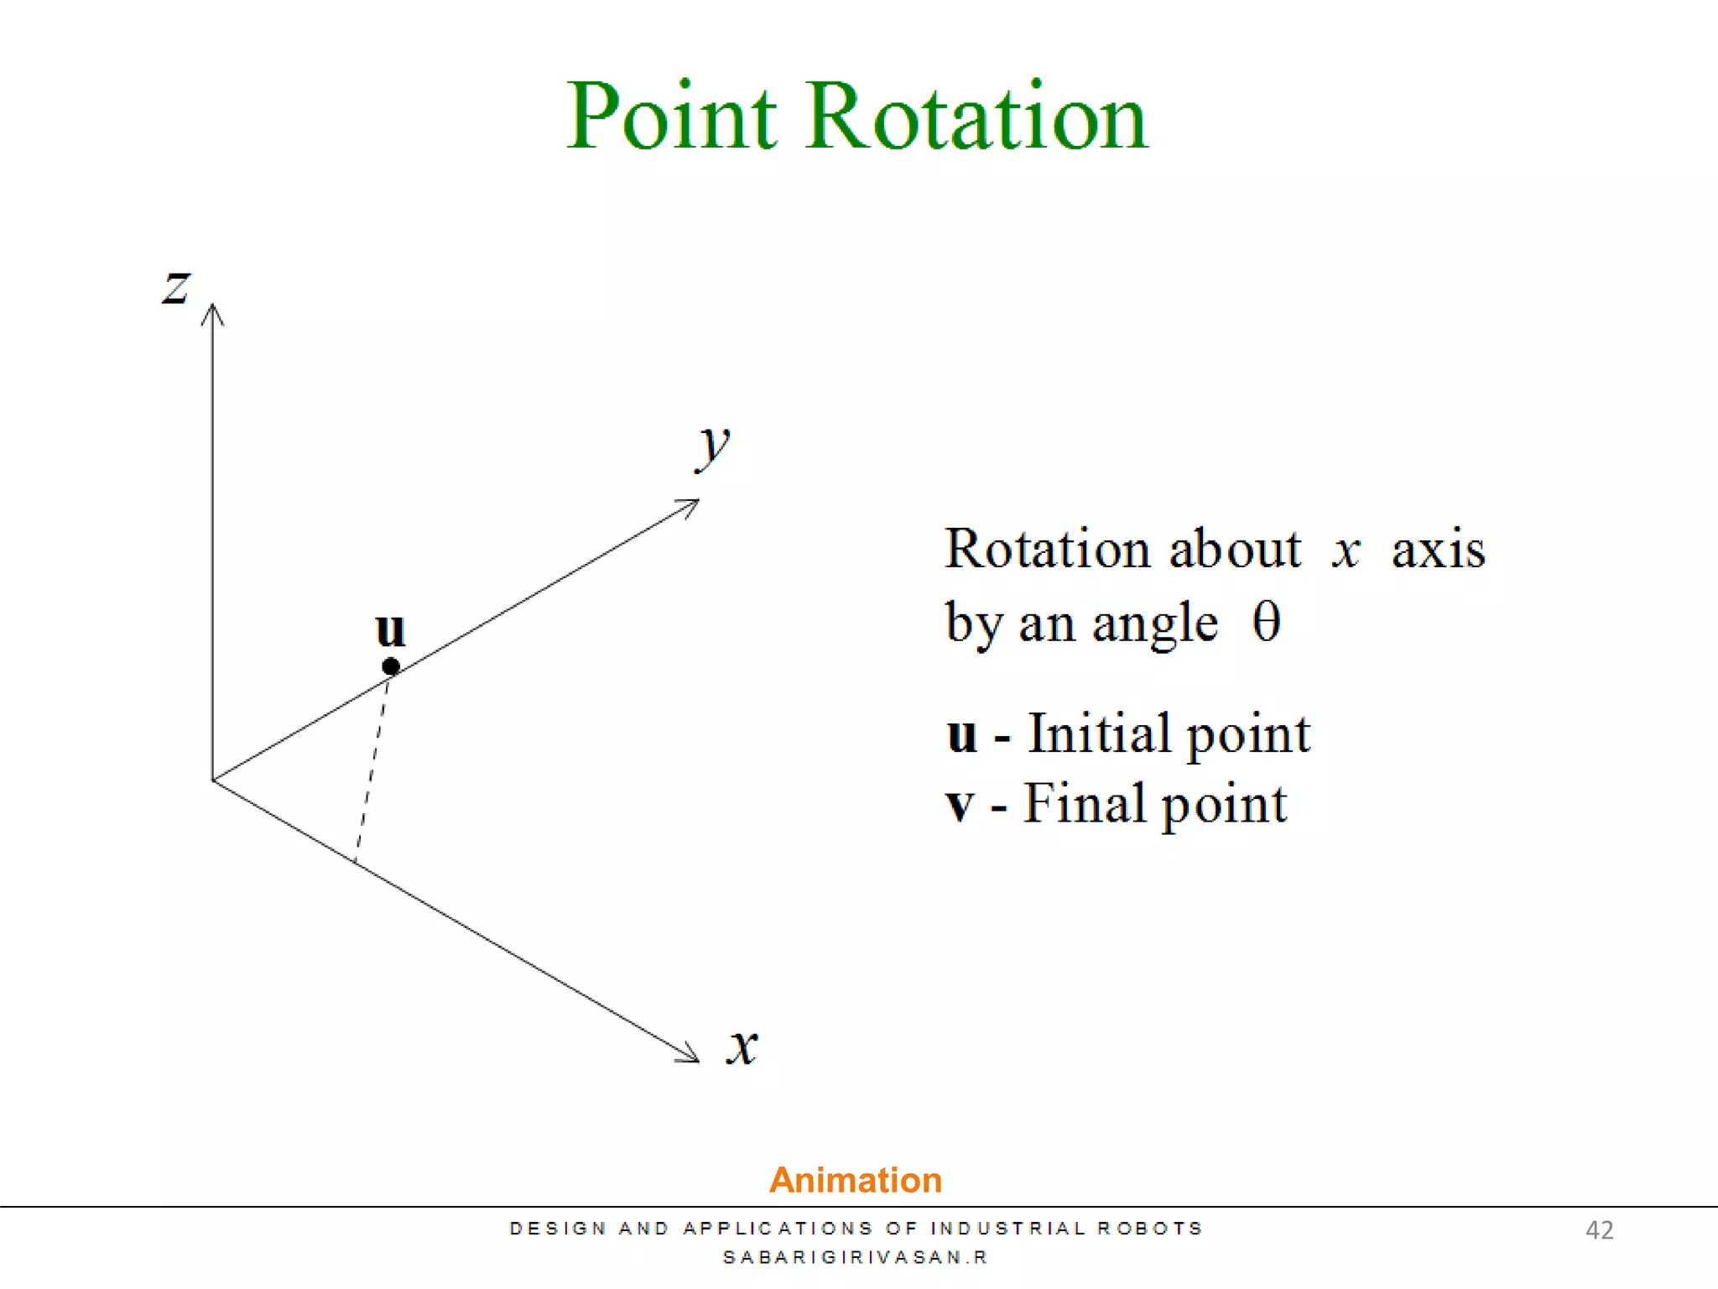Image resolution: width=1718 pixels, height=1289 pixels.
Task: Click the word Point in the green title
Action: pos(671,117)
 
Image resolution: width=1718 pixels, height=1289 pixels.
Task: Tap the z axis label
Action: pos(176,287)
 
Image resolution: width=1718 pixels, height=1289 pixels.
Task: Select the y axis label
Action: pos(713,445)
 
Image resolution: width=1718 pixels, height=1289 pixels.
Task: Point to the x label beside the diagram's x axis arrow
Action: pos(742,1046)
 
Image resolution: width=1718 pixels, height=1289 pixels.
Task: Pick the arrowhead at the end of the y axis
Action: pos(690,505)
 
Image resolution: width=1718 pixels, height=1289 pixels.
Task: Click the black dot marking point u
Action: pos(391,667)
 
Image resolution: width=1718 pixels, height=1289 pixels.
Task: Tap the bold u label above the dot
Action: pos(391,629)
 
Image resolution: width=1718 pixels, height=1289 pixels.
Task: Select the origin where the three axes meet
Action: pos(213,780)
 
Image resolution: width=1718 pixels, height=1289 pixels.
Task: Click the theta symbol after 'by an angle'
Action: pos(1266,623)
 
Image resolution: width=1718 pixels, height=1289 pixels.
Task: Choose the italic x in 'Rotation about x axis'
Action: pos(1346,551)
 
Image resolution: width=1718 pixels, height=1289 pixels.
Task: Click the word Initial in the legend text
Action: pos(1099,734)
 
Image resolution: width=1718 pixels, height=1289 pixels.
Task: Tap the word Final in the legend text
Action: pos(1085,804)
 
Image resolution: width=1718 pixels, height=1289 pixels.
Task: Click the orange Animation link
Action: pos(856,1180)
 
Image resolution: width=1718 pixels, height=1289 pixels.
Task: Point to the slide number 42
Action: pos(1599,1230)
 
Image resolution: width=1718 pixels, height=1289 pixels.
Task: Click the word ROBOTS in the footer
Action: pos(1150,1229)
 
